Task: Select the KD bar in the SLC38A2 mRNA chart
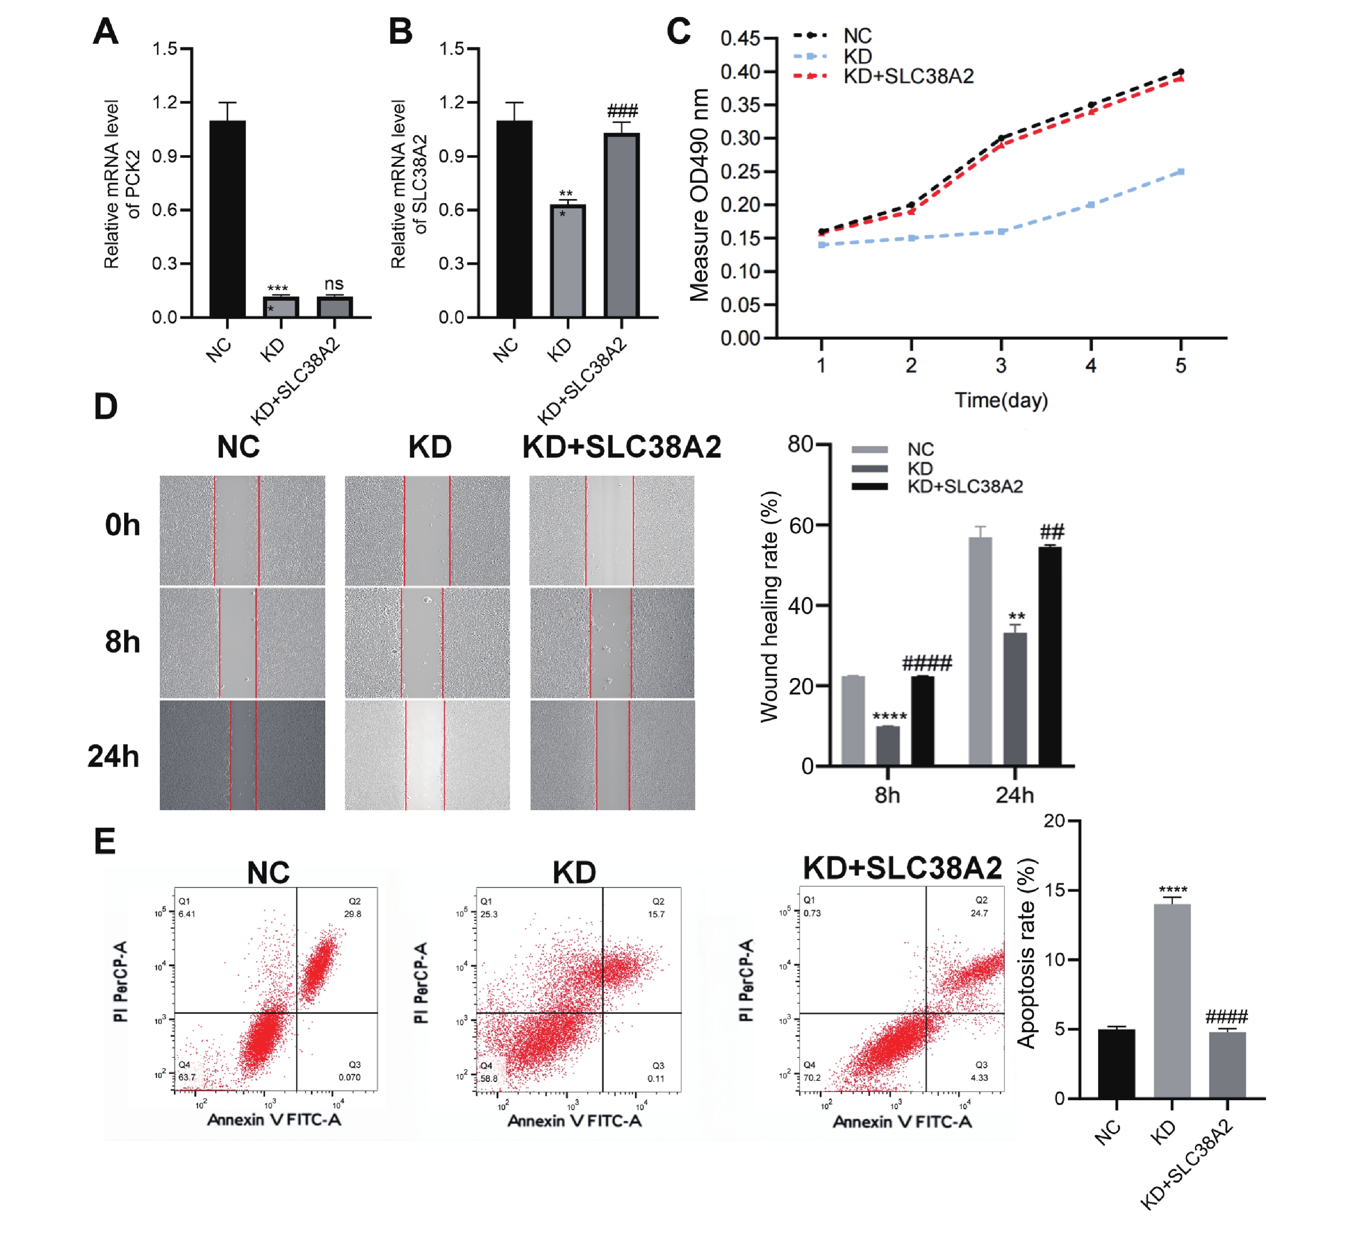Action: tap(568, 261)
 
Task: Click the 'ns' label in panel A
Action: tap(334, 284)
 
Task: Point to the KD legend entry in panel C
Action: tap(857, 56)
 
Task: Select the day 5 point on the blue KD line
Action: tap(1180, 172)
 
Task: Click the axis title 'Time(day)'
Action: tap(1001, 401)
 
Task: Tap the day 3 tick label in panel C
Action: tap(1001, 366)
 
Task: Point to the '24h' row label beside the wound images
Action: tap(113, 757)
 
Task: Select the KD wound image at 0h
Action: tap(427, 530)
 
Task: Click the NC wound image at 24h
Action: tap(242, 755)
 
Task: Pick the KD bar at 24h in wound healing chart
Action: tap(1015, 699)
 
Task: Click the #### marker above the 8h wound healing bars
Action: tap(926, 665)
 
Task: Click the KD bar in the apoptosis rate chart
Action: tap(1172, 1001)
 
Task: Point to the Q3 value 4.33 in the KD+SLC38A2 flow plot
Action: tap(979, 1077)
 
